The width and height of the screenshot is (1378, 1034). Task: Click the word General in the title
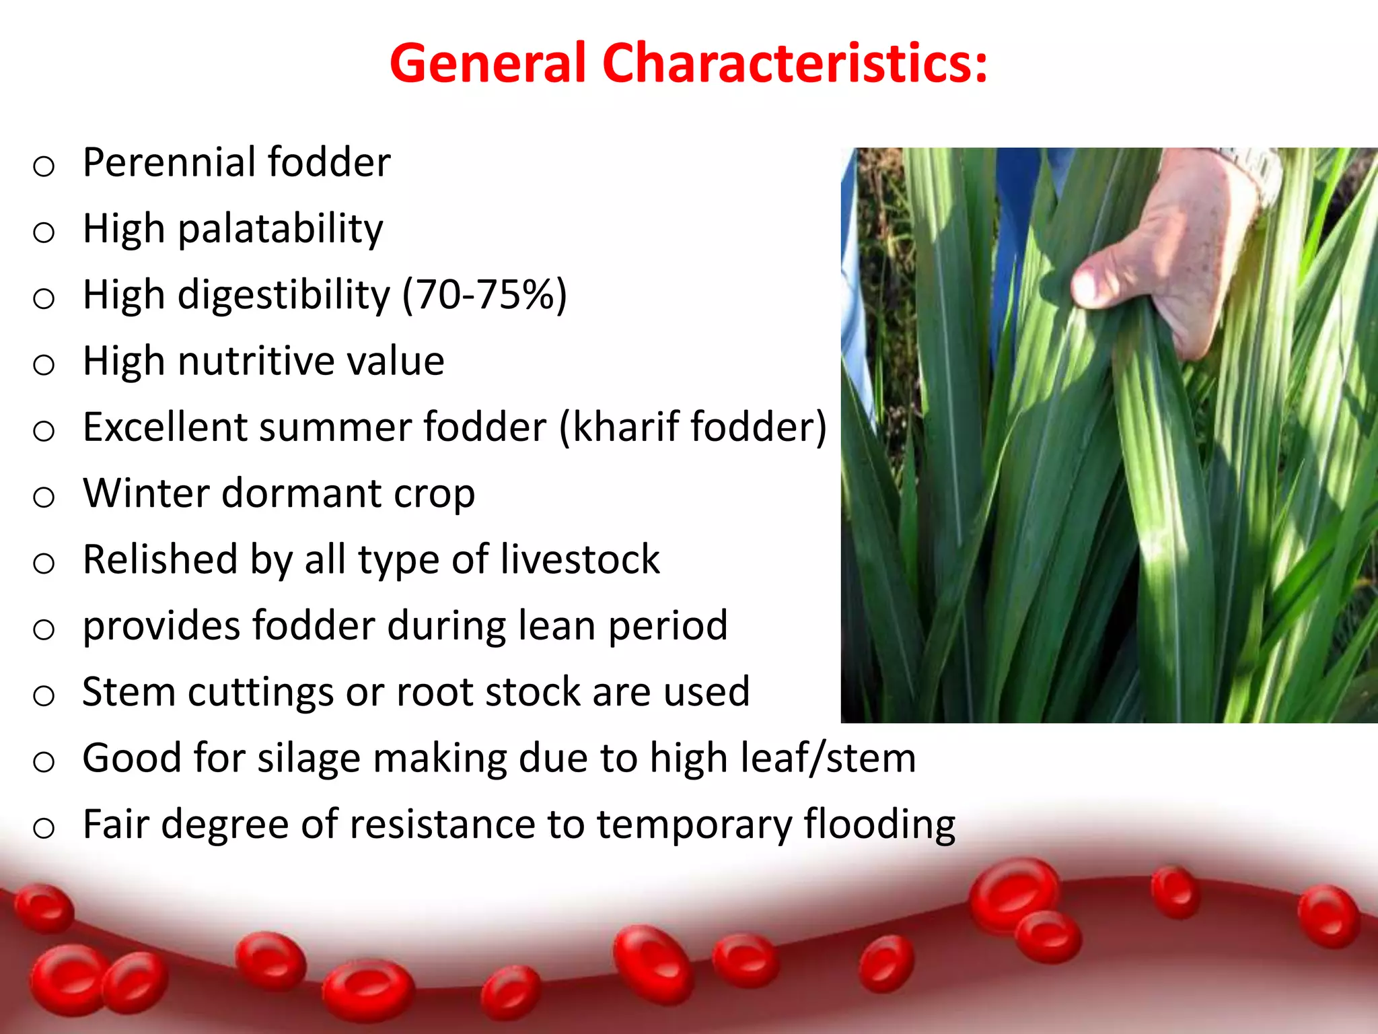tap(488, 63)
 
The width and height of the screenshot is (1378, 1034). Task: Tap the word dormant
tap(301, 493)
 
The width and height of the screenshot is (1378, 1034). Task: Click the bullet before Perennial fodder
tap(44, 166)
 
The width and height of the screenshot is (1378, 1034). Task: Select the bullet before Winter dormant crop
tap(44, 497)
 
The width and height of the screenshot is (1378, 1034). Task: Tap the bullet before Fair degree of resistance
tap(44, 828)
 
